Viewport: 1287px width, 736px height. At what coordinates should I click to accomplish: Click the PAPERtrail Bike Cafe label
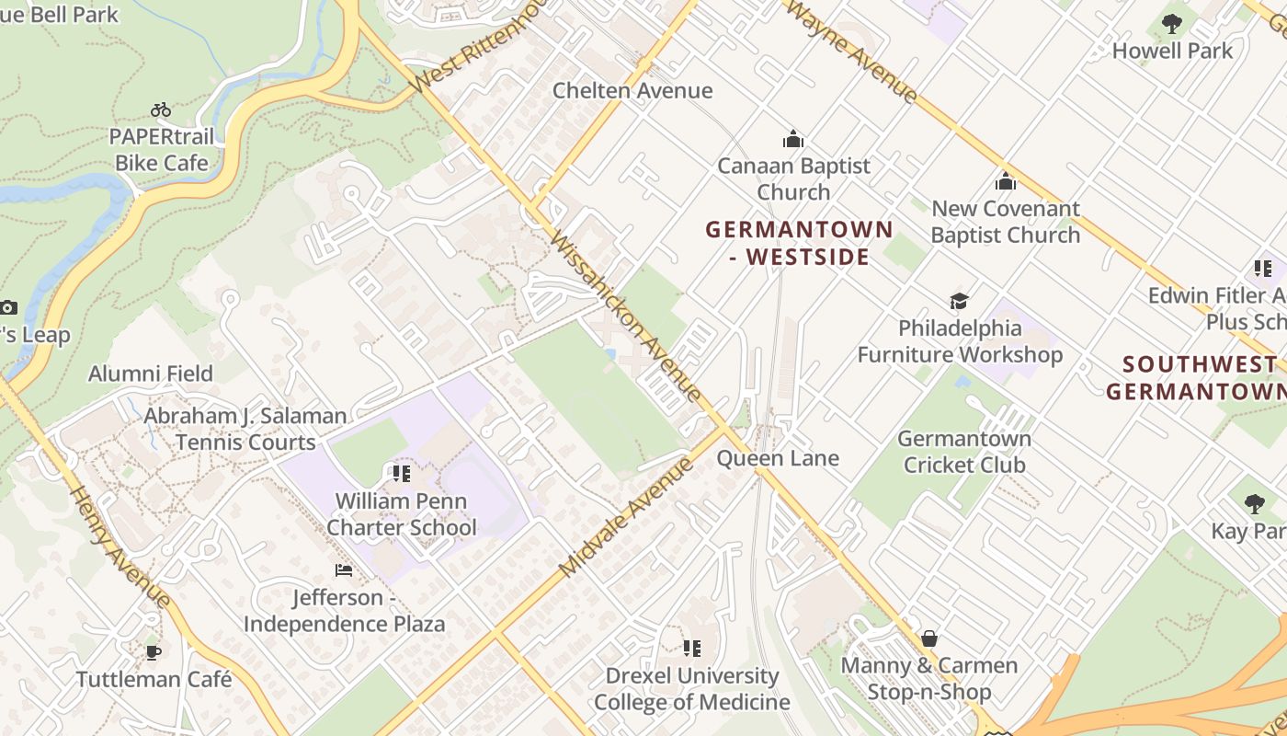162,150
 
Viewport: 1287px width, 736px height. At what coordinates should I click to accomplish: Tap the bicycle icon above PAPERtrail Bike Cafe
161,109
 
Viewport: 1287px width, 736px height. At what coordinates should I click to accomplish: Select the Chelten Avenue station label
632,90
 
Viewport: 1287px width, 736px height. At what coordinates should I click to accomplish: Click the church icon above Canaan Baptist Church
792,140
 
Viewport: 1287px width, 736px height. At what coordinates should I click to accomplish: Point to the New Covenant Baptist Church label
1005,222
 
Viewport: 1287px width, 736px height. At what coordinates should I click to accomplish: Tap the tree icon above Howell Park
1171,24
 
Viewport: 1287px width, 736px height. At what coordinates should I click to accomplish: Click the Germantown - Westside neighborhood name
799,243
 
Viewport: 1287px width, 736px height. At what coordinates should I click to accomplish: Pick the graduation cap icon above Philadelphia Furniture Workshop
959,301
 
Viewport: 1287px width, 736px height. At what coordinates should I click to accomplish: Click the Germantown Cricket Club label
963,452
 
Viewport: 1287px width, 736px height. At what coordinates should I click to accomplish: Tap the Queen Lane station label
778,458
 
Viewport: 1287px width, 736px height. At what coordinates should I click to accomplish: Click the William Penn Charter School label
402,514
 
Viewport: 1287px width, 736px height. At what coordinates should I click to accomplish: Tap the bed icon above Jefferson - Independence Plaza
344,570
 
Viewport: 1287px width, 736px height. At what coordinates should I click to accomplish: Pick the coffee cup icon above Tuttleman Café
154,652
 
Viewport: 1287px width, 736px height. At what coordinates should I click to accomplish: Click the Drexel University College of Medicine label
691,689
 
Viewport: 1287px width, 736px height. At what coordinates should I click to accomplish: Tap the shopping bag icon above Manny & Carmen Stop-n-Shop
929,638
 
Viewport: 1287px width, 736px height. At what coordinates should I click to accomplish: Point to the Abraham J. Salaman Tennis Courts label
245,429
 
